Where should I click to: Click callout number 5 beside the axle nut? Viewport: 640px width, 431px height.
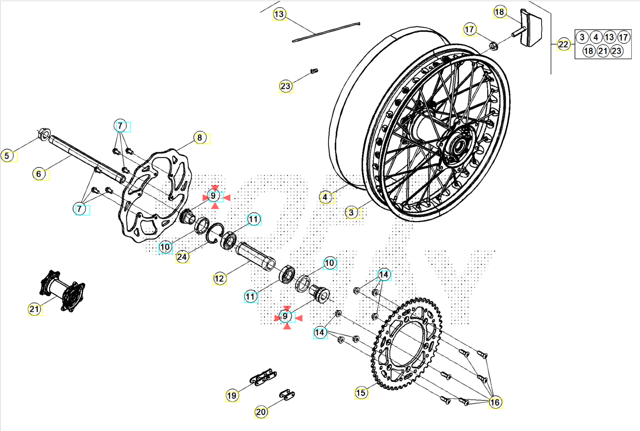(7, 156)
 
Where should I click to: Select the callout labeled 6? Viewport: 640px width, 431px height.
(39, 174)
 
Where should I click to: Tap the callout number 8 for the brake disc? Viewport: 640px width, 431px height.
(200, 138)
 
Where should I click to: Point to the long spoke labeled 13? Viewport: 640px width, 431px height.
(325, 32)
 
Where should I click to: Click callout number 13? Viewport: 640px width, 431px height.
(279, 14)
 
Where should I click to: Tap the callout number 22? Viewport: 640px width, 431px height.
(563, 44)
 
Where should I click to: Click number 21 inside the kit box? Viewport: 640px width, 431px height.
(603, 51)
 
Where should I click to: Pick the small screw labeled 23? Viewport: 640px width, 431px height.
(314, 71)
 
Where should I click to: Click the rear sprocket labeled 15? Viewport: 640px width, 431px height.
(407, 344)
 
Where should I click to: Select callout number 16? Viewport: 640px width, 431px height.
(494, 402)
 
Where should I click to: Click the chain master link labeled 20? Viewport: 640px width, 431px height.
(287, 395)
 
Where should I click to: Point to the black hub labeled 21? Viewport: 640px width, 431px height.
(63, 292)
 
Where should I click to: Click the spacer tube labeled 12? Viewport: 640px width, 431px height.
(256, 256)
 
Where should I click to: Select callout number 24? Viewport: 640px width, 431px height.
(182, 257)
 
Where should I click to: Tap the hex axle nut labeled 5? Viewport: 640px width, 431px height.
(44, 134)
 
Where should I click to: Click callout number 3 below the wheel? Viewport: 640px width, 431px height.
(351, 213)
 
